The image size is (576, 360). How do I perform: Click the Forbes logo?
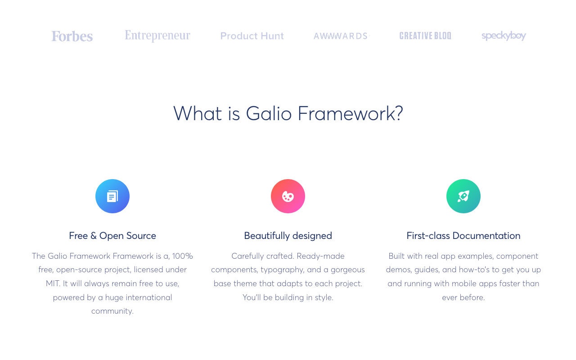coord(72,36)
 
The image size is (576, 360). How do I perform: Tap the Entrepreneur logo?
coord(157,36)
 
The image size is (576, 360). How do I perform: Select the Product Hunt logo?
coord(252,36)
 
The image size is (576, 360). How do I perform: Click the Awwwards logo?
coord(341,36)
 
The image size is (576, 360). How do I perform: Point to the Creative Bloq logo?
coord(425,36)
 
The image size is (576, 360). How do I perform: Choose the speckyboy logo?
coord(504,36)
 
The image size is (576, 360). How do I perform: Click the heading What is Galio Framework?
coord(288,113)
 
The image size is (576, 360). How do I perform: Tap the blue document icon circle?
coord(112,196)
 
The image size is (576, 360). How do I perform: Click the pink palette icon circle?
coord(288,196)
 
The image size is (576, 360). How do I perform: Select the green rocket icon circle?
coord(463,196)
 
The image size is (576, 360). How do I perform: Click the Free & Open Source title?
coord(112,236)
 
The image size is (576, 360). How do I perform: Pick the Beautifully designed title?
coord(288,236)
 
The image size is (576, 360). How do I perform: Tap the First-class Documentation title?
coord(463,236)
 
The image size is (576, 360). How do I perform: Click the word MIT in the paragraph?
coord(53,283)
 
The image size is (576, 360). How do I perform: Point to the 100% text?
coord(182,256)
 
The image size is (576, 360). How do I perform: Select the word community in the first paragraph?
coord(112,311)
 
